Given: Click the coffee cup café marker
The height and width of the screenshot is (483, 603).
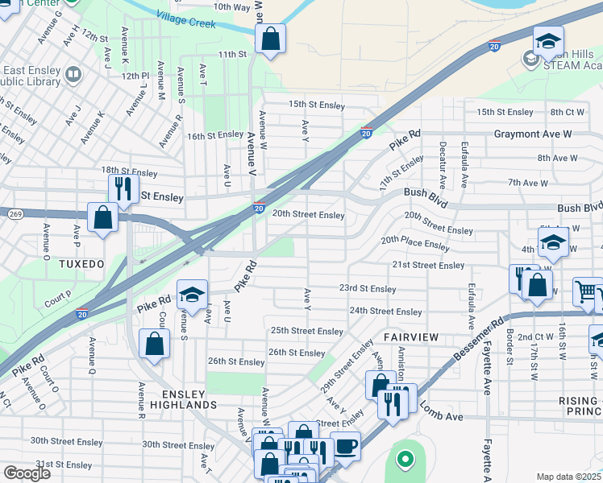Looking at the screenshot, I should coord(346,445).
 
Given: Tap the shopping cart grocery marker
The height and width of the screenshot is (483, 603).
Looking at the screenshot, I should coord(588,292).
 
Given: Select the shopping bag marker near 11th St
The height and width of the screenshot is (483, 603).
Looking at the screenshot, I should coord(271,38).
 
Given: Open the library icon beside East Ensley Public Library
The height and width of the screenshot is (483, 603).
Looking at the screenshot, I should coord(73,76).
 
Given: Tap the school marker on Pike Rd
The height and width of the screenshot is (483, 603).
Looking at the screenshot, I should coord(192,295).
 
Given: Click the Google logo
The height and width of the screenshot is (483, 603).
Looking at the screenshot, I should coord(27,473).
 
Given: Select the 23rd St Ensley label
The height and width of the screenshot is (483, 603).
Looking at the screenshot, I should coord(367,289).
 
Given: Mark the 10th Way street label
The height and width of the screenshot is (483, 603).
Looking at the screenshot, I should coord(231,6).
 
